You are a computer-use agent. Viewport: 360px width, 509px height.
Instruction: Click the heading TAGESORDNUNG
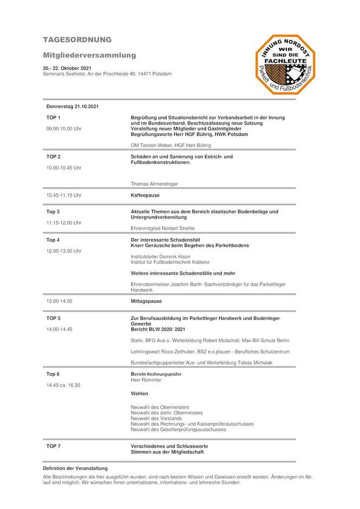tap(77, 40)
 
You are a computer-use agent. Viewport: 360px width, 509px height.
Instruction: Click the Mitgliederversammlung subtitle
tap(89, 55)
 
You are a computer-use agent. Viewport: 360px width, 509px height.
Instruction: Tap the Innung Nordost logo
tap(285, 64)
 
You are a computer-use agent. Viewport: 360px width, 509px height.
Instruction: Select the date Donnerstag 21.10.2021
tap(73, 107)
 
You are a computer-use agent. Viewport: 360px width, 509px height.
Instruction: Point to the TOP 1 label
tap(54, 118)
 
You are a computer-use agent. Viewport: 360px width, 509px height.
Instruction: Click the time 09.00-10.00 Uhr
tap(64, 129)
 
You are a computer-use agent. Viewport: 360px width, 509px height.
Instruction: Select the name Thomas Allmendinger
tap(154, 184)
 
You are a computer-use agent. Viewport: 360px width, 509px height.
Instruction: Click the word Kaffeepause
tap(145, 195)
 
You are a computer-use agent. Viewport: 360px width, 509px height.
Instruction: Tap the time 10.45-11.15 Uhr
tap(64, 195)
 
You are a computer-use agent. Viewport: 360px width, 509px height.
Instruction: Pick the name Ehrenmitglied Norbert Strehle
tap(163, 229)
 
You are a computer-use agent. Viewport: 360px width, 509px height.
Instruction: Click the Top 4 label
tap(53, 240)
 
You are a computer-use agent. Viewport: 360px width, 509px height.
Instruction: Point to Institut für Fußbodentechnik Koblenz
tap(170, 262)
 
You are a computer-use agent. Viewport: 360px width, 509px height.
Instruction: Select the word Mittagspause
tap(146, 301)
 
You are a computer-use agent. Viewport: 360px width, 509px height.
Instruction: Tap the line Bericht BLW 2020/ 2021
tap(158, 329)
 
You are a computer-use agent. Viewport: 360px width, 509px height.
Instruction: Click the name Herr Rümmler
tap(146, 380)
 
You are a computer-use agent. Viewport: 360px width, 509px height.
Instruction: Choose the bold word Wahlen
tap(139, 394)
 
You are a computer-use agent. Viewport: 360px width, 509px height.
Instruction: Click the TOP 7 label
tap(54, 446)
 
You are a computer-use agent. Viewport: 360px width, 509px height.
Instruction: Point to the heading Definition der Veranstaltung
tap(75, 468)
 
